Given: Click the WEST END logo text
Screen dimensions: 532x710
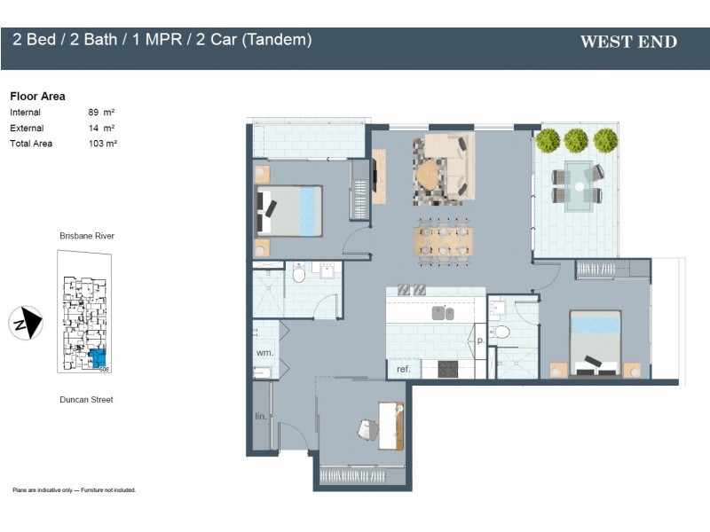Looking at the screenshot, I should pyautogui.click(x=627, y=42).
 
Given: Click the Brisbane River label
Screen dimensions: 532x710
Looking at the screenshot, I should pyautogui.click(x=86, y=236).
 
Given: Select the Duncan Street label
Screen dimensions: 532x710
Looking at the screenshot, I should pyautogui.click(x=86, y=400).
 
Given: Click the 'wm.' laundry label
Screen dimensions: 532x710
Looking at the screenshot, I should pyautogui.click(x=264, y=352).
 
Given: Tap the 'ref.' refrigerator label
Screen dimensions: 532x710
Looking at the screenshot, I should pyautogui.click(x=403, y=370).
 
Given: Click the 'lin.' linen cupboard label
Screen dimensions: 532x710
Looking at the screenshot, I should pyautogui.click(x=261, y=416).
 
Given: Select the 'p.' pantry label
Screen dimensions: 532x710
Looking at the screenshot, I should pyautogui.click(x=480, y=340).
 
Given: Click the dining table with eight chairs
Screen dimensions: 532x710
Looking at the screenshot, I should pyautogui.click(x=442, y=239).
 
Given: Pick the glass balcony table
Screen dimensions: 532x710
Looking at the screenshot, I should pyautogui.click(x=579, y=185).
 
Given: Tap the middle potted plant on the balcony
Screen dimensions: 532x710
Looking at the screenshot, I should pyautogui.click(x=577, y=140).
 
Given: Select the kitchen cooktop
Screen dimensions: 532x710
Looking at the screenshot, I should pyautogui.click(x=448, y=369).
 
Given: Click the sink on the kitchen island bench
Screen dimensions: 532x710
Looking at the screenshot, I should pyautogui.click(x=443, y=313).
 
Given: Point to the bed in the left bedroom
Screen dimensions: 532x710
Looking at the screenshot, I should pyautogui.click(x=289, y=210).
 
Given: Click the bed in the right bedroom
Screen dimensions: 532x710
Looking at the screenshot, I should pyautogui.click(x=595, y=343).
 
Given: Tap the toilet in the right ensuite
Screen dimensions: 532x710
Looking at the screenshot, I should pyautogui.click(x=501, y=332).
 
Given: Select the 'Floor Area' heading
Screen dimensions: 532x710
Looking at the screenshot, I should pyautogui.click(x=37, y=96).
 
